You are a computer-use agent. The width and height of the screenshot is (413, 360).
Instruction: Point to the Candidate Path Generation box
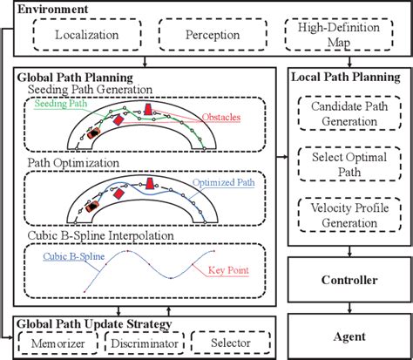point(349,112)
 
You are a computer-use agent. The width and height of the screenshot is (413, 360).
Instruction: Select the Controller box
point(349,280)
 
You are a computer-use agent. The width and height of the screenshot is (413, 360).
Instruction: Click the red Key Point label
point(229,270)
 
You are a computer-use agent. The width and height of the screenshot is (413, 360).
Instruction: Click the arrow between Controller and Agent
point(349,303)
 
